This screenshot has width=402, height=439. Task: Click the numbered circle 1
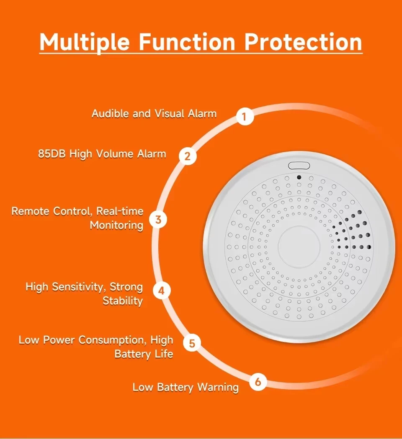245,117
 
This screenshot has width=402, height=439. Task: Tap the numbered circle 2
188,156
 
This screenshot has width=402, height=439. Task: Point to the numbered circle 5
192,344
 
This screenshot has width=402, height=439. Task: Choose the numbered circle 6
258,382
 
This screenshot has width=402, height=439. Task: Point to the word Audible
111,114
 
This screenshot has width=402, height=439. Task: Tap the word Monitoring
116,225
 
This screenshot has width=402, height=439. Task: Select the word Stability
122,301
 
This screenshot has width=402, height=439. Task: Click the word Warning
218,387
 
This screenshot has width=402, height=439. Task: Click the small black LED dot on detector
299,177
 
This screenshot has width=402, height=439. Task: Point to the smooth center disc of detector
299,247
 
